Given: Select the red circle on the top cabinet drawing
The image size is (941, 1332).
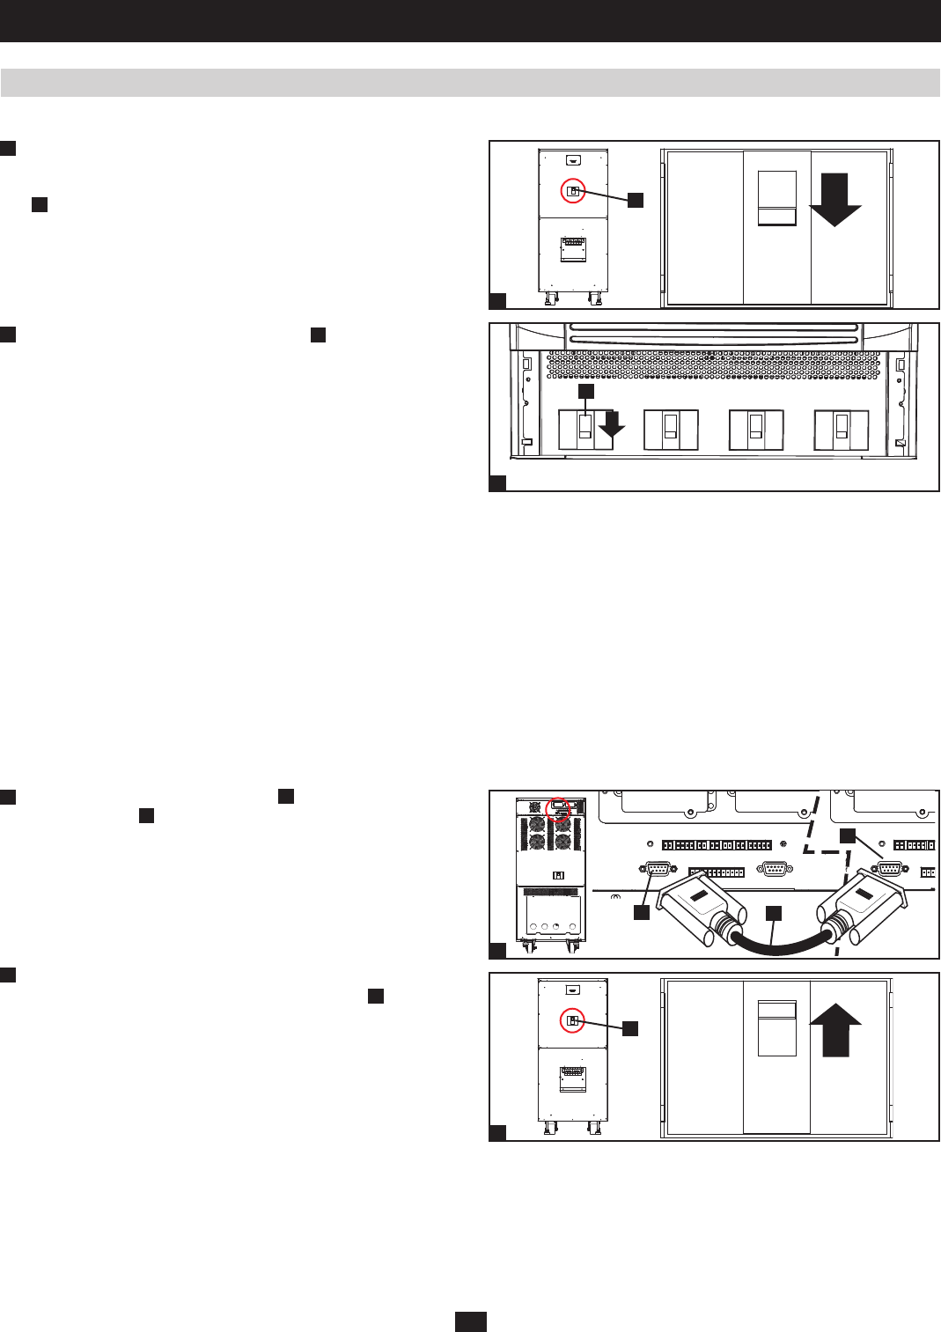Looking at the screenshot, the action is coord(573,191).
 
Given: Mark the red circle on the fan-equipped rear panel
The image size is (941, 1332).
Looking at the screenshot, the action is coord(559,807).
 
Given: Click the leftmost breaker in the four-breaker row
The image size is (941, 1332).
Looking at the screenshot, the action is coord(585,430).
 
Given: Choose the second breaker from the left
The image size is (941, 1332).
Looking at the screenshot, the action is coord(671,430).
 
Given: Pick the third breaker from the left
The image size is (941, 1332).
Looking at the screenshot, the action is coord(755,430).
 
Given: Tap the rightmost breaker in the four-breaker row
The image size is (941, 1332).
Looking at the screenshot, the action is coord(842,430).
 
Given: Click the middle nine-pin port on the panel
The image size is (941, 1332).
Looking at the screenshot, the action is coord(774,869).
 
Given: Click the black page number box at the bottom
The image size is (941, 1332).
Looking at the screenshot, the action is coord(471,1321).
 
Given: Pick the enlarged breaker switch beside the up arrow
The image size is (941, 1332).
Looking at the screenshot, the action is coord(776,1027).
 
